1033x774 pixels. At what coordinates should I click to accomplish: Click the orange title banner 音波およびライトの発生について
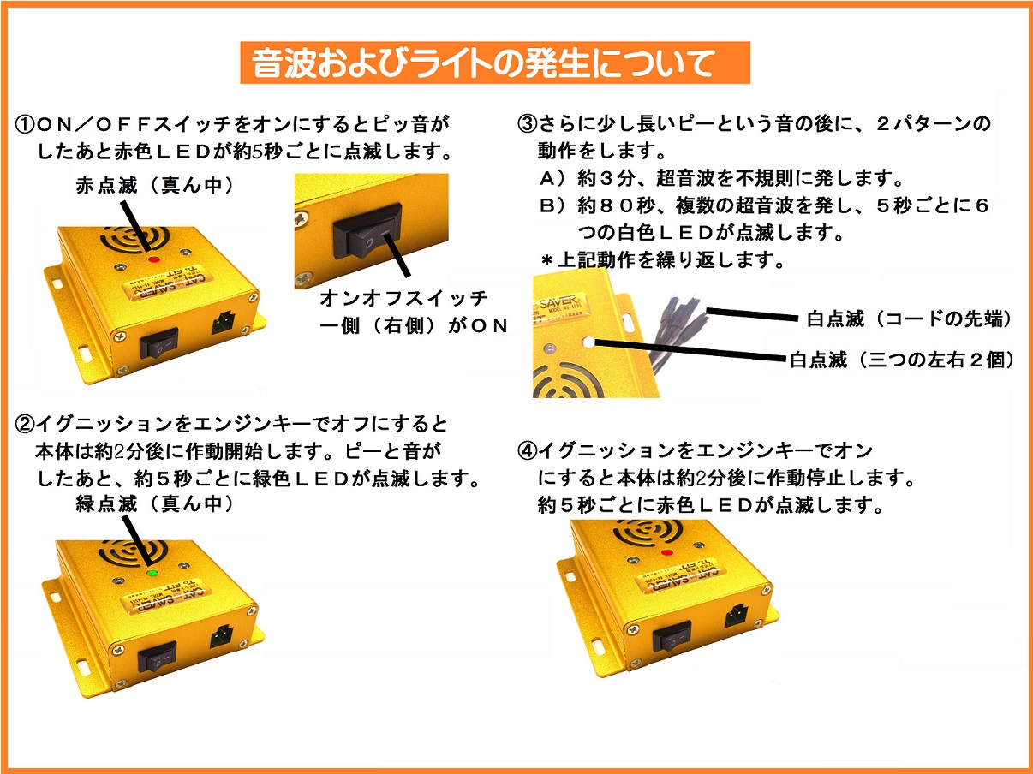(x=495, y=63)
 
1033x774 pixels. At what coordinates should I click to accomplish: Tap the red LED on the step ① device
(x=154, y=259)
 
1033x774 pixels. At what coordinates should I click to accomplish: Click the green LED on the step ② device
(x=152, y=573)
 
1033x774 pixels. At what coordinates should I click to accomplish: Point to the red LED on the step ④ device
(x=666, y=552)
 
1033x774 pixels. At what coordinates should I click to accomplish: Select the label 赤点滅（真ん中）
(x=154, y=185)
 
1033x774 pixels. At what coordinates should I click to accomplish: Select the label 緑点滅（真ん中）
(x=154, y=503)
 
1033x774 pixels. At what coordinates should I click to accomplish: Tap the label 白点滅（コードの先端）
(x=909, y=319)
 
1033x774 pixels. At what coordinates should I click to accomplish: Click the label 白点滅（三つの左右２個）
(x=901, y=360)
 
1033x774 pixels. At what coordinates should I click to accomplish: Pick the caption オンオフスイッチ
(x=403, y=298)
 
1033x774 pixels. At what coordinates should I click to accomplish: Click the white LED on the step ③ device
(x=588, y=342)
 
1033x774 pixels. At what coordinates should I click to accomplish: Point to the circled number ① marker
(x=25, y=125)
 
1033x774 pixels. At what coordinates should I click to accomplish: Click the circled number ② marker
(x=25, y=424)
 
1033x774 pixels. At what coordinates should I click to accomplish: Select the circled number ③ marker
(x=527, y=123)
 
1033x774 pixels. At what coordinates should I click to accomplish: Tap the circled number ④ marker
(x=527, y=451)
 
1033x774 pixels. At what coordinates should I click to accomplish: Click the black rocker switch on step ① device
(x=159, y=343)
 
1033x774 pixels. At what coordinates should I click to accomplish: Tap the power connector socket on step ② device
(x=222, y=636)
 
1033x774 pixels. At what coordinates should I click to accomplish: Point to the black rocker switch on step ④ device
(x=672, y=636)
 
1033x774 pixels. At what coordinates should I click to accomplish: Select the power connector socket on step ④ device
(x=737, y=615)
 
